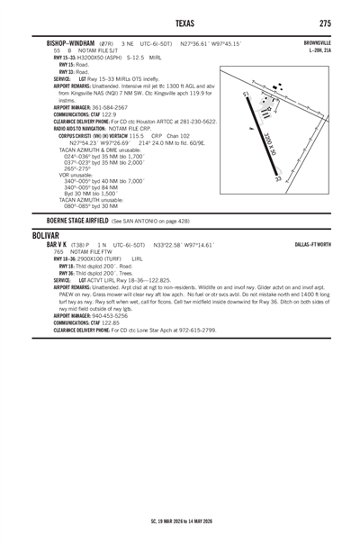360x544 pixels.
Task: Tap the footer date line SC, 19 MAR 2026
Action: pyautogui.click(x=180, y=520)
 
